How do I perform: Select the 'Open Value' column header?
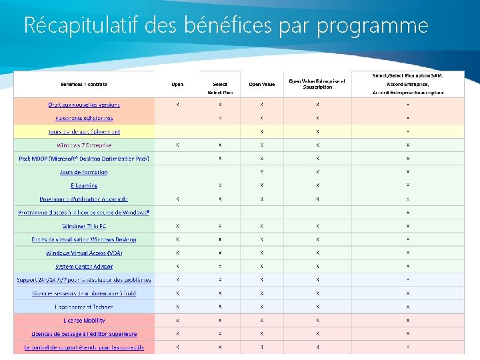[262, 84]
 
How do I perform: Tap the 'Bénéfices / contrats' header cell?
[84, 84]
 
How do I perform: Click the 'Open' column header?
[177, 84]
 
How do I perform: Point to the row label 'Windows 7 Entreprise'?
[84, 145]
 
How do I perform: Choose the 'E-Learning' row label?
[84, 185]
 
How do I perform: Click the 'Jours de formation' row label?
[84, 172]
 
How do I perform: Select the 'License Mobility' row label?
[84, 320]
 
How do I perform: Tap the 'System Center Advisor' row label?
[84, 267]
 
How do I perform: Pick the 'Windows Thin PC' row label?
[84, 226]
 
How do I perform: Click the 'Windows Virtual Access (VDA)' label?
[84, 253]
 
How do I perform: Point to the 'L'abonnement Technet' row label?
[84, 307]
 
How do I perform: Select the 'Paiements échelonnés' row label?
[84, 118]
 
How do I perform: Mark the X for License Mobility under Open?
[177, 320]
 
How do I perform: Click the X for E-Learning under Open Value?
[262, 185]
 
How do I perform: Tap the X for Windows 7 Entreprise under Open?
[177, 145]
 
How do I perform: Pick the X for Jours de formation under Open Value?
[262, 172]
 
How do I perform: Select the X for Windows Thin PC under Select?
[220, 226]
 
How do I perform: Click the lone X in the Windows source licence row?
[408, 213]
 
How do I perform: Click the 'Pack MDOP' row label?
[84, 158]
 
